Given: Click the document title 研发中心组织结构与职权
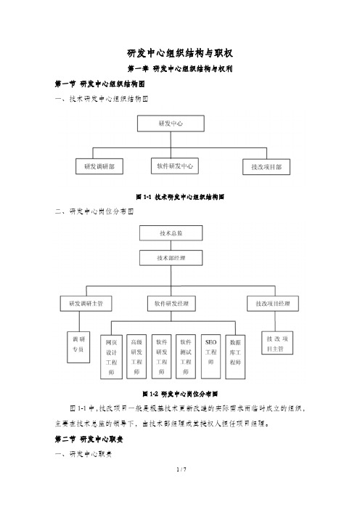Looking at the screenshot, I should point(179,54).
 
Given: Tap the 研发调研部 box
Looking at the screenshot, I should point(99,166).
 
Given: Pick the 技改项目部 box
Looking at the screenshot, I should point(266,167).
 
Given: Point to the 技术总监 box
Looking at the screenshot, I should point(171,233).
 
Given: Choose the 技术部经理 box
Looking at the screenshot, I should point(171,259).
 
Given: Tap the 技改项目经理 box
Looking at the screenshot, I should point(274,302).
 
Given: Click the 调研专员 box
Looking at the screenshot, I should point(77,344).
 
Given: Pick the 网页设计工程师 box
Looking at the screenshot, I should point(112,357).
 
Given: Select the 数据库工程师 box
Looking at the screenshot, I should point(235,355).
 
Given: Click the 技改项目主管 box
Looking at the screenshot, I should point(279,344).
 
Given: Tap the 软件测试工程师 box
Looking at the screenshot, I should point(186,355).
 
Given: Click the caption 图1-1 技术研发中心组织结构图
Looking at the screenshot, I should point(179,196).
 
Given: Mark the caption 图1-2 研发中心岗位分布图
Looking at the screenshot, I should point(179,394).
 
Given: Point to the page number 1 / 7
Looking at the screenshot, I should point(180,491).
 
